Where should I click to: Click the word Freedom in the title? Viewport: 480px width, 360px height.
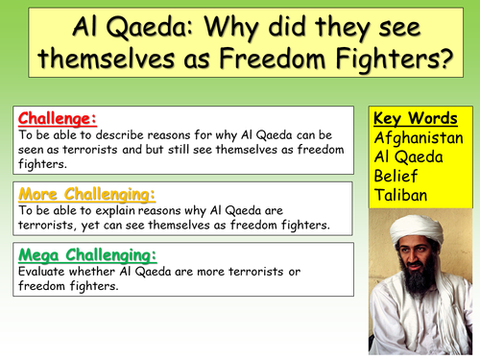click(287, 61)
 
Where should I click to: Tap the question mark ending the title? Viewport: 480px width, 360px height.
click(447, 61)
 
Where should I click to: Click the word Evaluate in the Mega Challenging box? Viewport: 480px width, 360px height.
click(40, 271)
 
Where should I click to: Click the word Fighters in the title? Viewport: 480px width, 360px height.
click(392, 61)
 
